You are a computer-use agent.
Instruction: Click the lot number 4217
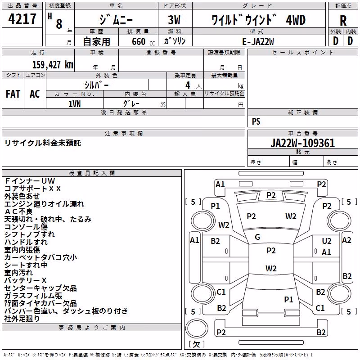click(x=22, y=18)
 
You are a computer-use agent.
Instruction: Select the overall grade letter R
click(x=343, y=21)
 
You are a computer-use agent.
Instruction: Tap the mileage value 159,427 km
click(x=53, y=65)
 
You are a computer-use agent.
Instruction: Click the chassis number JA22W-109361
click(x=302, y=143)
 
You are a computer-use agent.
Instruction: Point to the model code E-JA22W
click(x=258, y=41)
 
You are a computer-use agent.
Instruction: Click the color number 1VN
click(x=75, y=104)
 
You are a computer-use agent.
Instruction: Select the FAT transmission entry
click(x=13, y=94)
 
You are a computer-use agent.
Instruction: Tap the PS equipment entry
click(x=256, y=121)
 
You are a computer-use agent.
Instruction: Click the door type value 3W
click(x=174, y=20)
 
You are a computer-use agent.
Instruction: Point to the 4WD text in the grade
click(x=296, y=20)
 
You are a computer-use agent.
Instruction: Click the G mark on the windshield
click(x=257, y=237)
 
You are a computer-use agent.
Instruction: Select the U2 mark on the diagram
click(x=327, y=241)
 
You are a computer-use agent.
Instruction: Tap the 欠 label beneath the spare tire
click(x=197, y=344)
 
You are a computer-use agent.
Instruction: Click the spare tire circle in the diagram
click(x=197, y=328)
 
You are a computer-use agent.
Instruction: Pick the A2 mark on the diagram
click(x=346, y=240)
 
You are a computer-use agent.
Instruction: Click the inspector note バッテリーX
click(x=26, y=280)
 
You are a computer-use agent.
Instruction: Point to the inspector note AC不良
click(x=18, y=211)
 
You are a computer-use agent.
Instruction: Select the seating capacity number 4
click(x=188, y=85)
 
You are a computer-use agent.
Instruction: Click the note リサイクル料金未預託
click(x=43, y=143)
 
